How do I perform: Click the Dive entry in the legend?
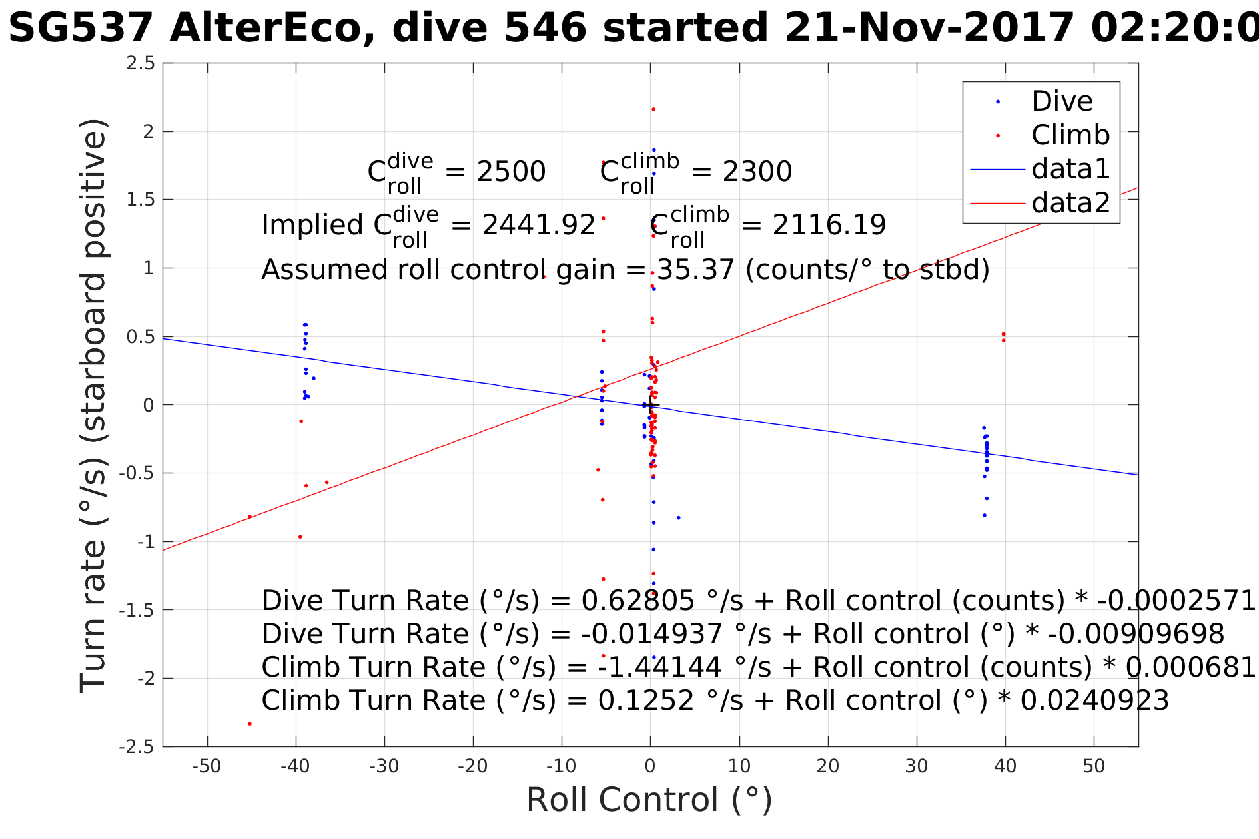(1061, 102)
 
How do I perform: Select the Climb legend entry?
(1070, 136)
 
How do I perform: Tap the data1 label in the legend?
(1070, 170)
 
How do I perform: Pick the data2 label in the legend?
(1070, 203)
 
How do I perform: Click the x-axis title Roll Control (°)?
(649, 800)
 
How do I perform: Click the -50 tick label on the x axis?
(207, 766)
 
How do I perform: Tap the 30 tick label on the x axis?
(917, 766)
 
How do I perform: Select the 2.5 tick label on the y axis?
(141, 63)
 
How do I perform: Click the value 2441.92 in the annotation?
(538, 226)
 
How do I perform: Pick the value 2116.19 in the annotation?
(829, 226)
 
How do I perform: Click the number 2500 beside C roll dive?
(511, 172)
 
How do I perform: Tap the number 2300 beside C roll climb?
(757, 172)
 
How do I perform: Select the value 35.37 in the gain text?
(695, 270)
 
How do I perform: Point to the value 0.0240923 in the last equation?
(1094, 700)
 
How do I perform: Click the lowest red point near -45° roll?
(250, 724)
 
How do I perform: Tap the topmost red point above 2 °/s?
(653, 109)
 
